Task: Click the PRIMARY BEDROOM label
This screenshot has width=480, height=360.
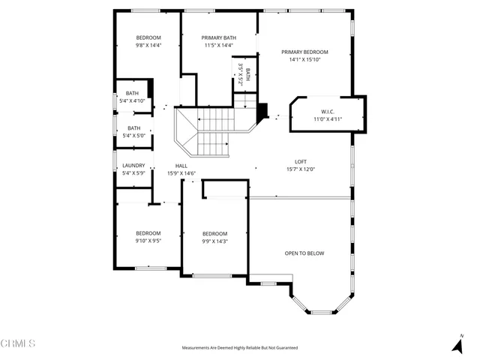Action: (x=304, y=52)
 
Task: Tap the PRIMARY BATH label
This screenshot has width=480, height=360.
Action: (x=219, y=37)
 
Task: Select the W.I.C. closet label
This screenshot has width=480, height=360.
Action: (x=327, y=110)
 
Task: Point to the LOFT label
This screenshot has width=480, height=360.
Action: (x=300, y=161)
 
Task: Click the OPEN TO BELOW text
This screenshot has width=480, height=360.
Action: (x=304, y=253)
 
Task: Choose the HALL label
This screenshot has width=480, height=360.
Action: (x=181, y=166)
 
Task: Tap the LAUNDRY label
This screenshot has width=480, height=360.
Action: (x=133, y=166)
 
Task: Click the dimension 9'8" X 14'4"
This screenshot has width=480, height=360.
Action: (x=148, y=45)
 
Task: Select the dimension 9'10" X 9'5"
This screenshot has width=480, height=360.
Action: (x=148, y=241)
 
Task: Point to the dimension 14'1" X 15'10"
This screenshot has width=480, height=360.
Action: (x=304, y=60)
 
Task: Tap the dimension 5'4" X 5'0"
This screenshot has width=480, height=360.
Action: (x=133, y=136)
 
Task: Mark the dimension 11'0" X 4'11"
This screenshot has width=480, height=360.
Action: (x=327, y=118)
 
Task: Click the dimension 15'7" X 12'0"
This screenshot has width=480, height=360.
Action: (x=300, y=169)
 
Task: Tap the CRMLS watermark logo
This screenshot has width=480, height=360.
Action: (x=18, y=343)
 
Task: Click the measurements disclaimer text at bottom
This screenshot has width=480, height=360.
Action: (x=239, y=348)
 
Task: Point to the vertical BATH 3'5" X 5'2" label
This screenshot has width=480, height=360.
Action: (x=243, y=75)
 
